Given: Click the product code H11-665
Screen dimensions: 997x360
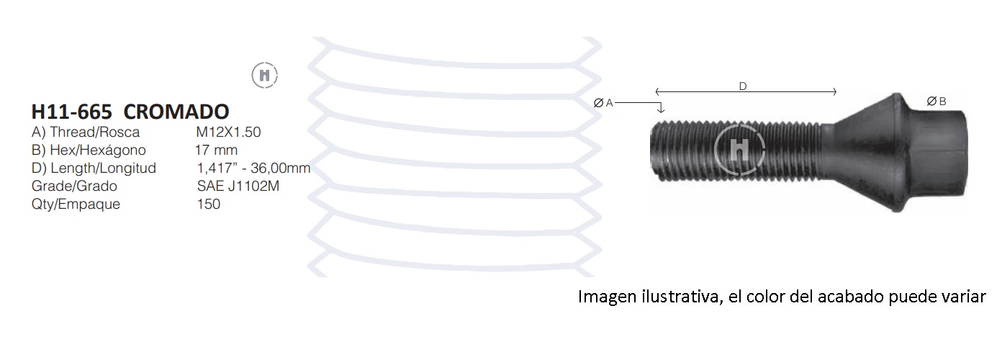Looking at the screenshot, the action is pos(72,112).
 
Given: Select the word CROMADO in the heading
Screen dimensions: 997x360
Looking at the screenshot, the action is pos(176,112).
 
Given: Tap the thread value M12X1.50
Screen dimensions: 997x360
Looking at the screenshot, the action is pos(228,132).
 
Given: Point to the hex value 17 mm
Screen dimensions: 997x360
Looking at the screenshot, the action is pos(216,150).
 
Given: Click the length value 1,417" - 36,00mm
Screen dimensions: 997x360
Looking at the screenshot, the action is pos(253,168).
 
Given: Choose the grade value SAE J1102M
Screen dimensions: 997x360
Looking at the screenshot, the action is pos(238,186).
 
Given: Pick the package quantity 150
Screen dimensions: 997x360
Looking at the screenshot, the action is pos(209,204).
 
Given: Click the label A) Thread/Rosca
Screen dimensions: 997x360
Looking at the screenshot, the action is pos(86,132).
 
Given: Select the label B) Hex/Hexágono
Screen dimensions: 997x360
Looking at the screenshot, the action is pos(89,150).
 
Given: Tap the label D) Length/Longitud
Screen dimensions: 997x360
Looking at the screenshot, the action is pos(94,168).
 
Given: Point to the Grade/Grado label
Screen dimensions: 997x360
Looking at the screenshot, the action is pos(74,186).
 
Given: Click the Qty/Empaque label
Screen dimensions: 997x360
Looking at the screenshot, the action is pos(76,204).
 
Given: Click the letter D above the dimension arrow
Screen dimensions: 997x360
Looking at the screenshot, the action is pos(743,86).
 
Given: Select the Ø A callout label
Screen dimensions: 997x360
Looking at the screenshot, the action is pos(603,103).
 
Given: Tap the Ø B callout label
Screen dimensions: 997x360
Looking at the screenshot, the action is pos(937,102).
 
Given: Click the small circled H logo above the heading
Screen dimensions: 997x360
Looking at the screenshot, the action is pos(265,75).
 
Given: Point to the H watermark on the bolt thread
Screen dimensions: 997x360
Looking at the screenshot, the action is pos(740,150).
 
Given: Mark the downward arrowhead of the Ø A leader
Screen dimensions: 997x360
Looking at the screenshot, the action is pos(662,109).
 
